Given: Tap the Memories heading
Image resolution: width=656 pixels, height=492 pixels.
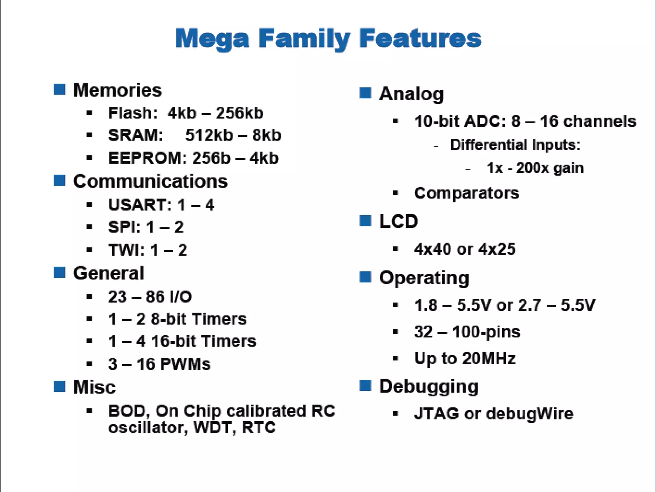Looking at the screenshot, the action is [x=118, y=90].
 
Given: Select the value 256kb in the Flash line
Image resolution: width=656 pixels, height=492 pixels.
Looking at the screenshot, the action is [x=239, y=113].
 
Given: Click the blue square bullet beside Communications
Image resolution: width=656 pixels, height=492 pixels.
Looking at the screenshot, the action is [x=59, y=180].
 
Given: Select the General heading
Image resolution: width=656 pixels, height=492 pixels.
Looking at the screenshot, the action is [x=109, y=273].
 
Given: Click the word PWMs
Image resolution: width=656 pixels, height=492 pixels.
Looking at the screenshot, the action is [x=185, y=364].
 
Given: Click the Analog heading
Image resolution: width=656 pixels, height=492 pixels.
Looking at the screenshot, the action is [x=411, y=94].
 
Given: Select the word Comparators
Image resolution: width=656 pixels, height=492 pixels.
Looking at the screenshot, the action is [x=466, y=193].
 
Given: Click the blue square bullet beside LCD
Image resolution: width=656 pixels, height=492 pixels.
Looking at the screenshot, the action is [x=365, y=221].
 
